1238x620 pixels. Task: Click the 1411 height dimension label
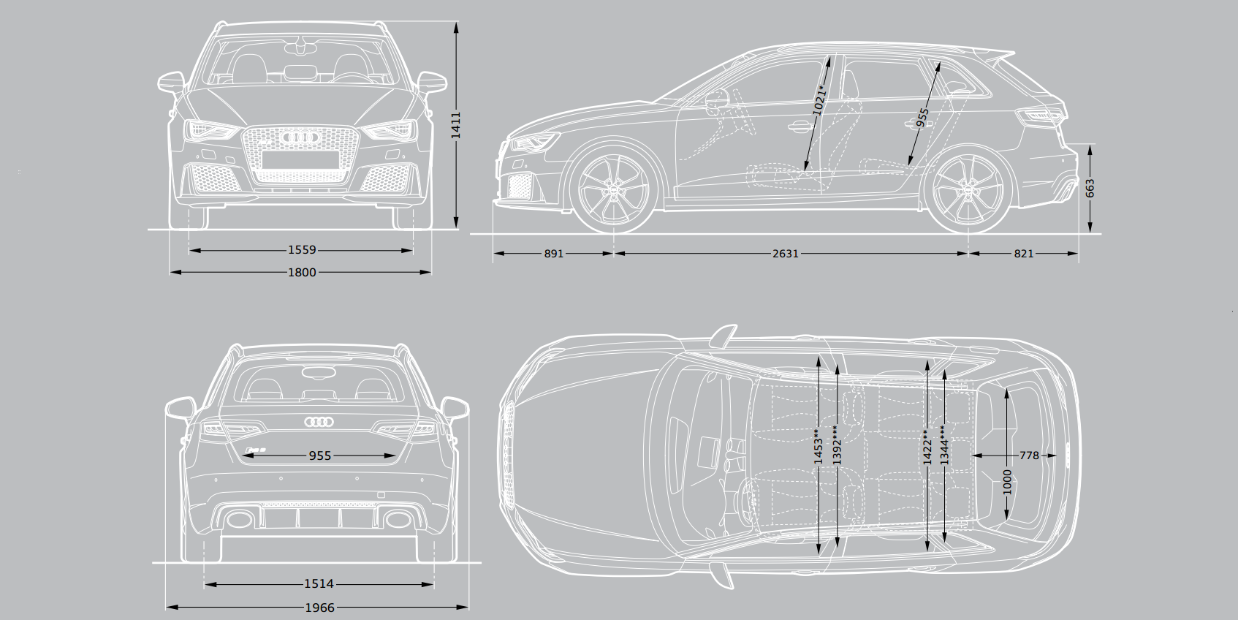click(455, 126)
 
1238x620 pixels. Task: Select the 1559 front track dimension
click(302, 250)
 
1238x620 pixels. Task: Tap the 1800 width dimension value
click(302, 272)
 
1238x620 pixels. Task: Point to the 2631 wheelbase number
click(786, 254)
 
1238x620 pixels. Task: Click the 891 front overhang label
click(554, 254)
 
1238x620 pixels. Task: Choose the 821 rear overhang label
click(1024, 254)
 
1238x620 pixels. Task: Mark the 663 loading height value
click(1090, 189)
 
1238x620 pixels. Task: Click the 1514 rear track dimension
click(319, 584)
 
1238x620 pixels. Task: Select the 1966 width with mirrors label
click(319, 607)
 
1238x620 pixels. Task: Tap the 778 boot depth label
click(1029, 455)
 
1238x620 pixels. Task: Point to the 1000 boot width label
click(1007, 483)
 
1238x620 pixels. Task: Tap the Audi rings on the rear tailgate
click(319, 422)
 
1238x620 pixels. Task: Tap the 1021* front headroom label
click(820, 101)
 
